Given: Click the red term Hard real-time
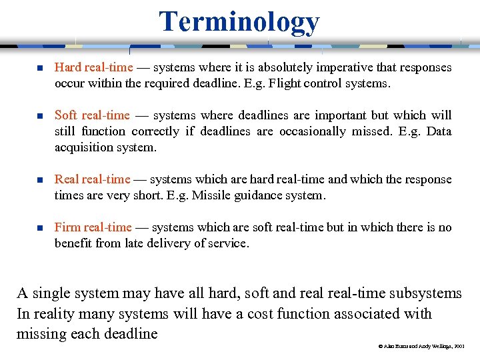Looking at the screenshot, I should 93,67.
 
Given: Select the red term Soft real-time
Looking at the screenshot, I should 92,115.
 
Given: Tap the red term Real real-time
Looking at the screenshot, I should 92,179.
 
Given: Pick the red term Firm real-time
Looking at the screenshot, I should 93,227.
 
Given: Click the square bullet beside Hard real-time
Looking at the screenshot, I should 39,68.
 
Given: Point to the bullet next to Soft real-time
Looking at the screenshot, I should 39,116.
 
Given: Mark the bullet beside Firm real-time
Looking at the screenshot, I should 39,228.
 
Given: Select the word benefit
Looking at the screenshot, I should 73,243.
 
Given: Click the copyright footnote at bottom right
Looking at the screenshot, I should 421,347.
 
